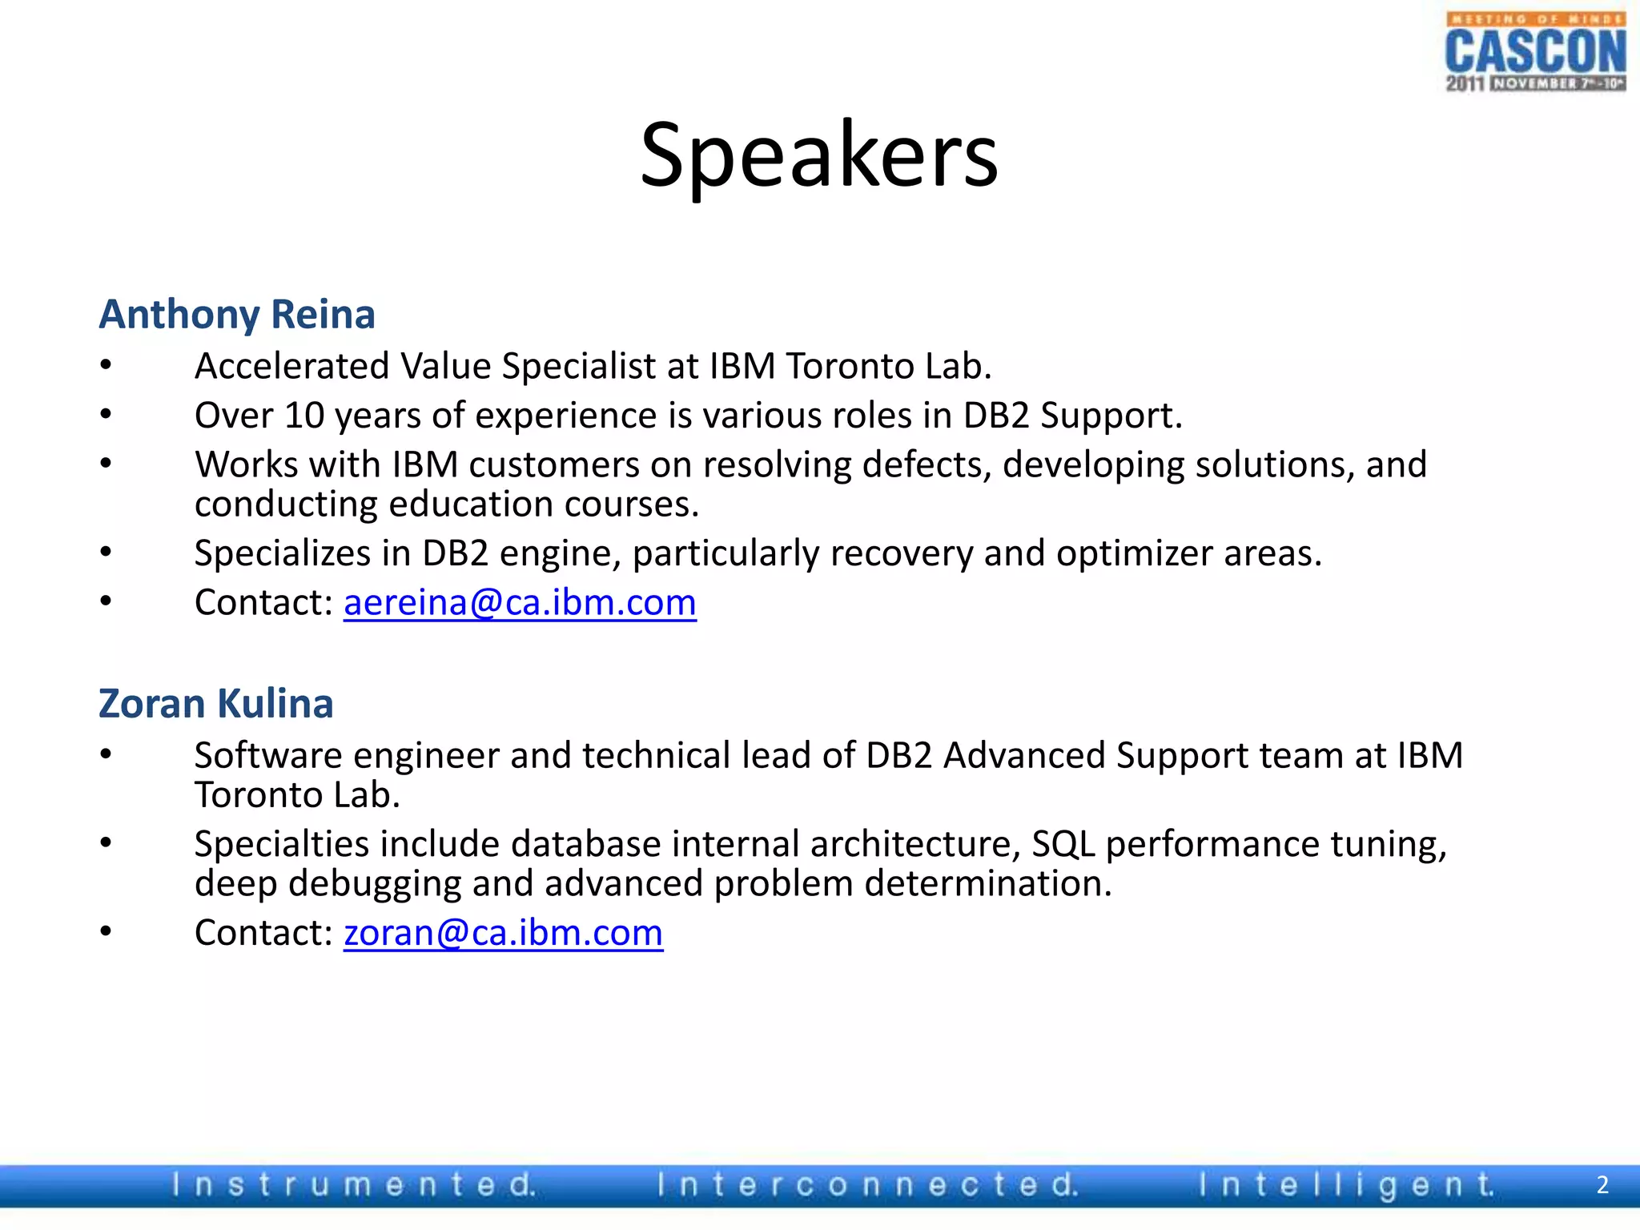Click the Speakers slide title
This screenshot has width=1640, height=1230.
coord(818,154)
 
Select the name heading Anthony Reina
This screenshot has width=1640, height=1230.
coord(237,314)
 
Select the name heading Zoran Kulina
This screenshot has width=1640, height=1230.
coord(215,703)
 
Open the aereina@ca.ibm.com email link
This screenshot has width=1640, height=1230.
coord(520,602)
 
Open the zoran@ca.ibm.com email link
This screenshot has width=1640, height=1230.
coord(503,932)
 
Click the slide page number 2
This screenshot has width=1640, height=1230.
coord(1602,1184)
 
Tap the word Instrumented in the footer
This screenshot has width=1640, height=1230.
coord(352,1184)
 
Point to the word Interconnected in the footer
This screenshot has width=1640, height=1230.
coord(867,1184)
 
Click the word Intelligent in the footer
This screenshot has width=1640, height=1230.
coord(1345,1184)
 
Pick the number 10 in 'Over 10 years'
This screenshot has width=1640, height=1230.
coord(303,416)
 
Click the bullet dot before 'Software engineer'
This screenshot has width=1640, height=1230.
coord(106,754)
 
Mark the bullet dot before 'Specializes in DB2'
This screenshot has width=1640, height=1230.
coord(106,551)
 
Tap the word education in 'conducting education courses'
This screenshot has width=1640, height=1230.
coord(471,504)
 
